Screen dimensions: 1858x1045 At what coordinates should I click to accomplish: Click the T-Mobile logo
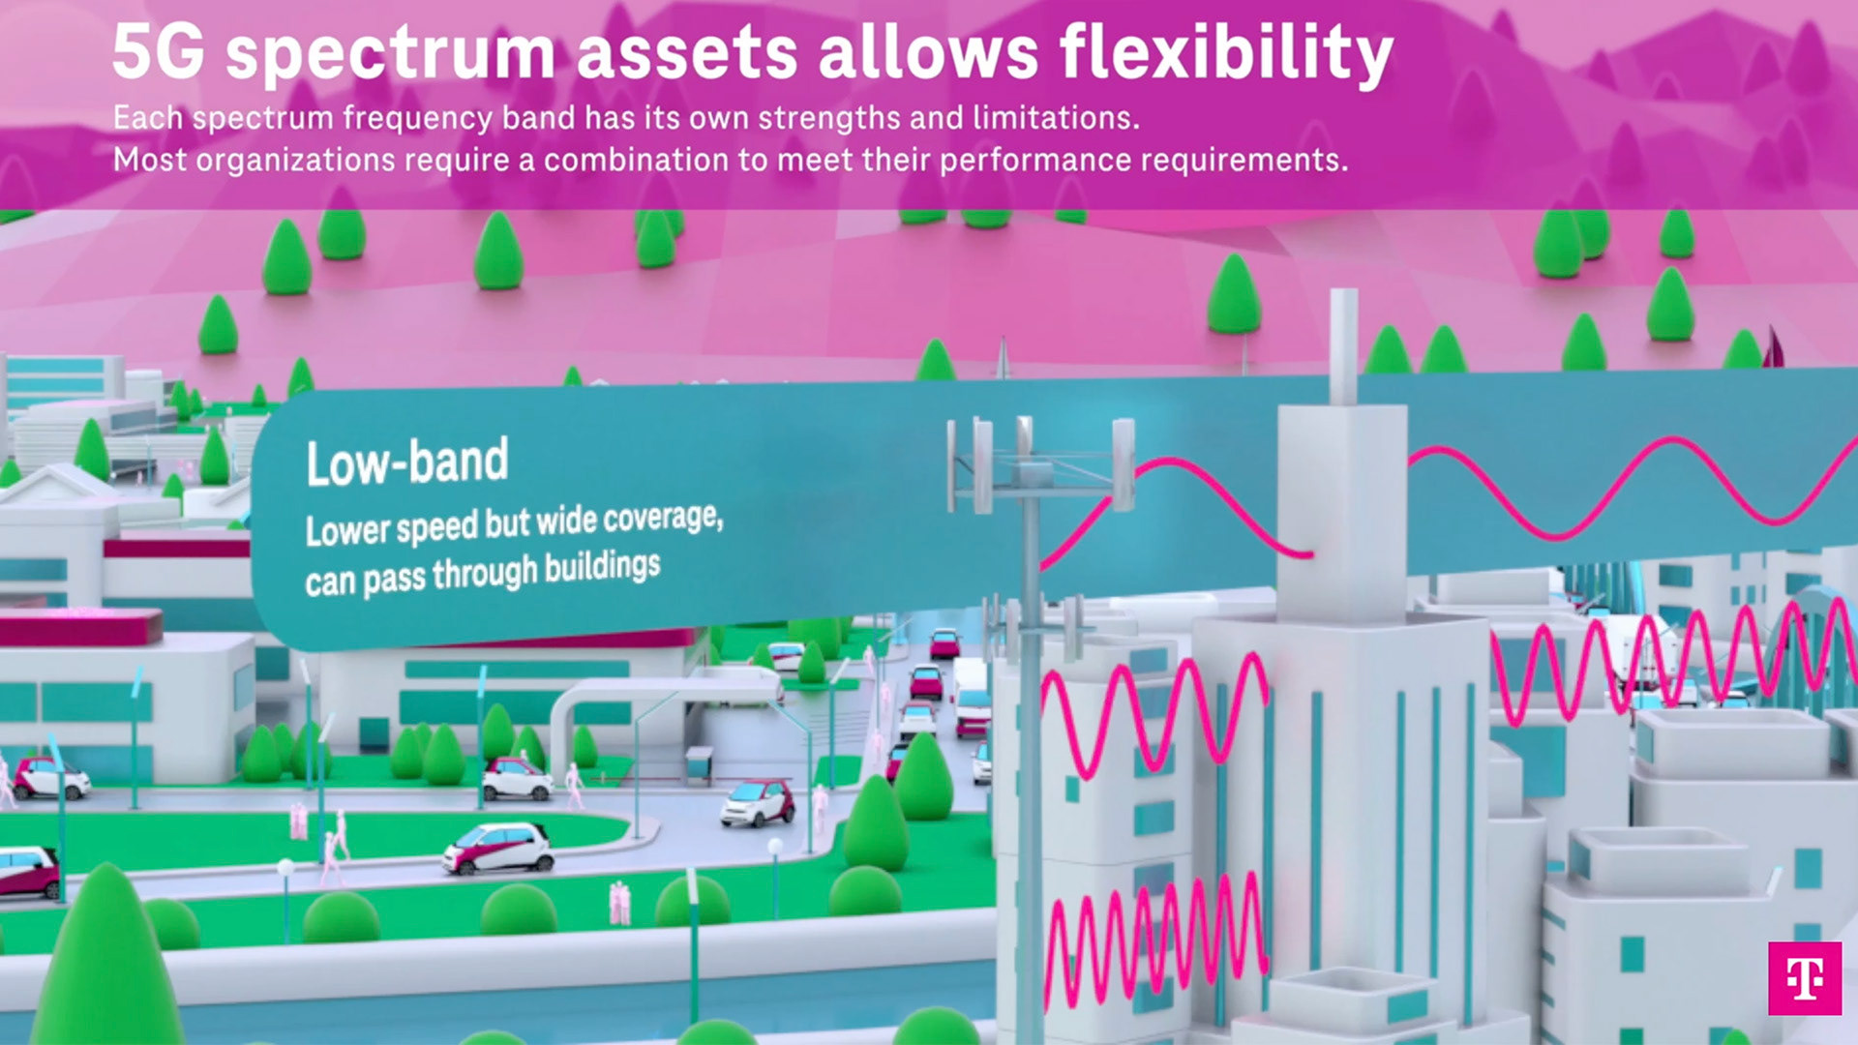[1805, 978]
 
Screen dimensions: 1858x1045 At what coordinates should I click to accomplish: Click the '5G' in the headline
[159, 52]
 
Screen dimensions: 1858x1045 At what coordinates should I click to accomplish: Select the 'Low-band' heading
[407, 462]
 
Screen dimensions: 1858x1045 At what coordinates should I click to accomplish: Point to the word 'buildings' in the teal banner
[602, 567]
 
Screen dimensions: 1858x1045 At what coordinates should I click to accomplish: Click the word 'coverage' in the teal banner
[663, 520]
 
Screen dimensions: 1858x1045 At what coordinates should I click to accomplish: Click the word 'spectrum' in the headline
[391, 56]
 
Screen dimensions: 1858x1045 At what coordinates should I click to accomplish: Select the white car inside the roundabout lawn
[498, 848]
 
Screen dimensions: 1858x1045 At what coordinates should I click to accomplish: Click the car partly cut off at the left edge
[27, 870]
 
